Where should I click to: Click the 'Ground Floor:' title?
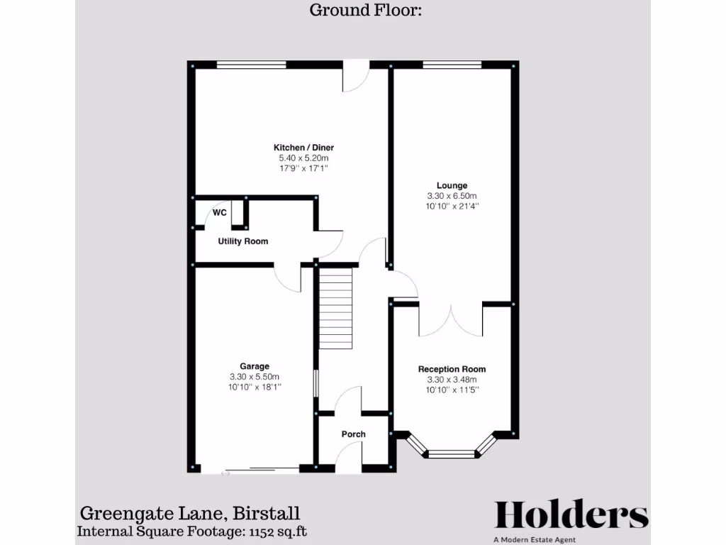[x=366, y=10]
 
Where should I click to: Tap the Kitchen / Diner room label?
[x=303, y=148]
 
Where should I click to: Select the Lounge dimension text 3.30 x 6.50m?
[x=452, y=197]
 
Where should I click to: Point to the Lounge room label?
[x=452, y=186]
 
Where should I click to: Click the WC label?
[x=220, y=212]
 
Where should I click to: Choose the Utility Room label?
[x=243, y=241]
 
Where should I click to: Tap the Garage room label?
[x=254, y=367]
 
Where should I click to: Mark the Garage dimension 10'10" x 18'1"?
[x=254, y=387]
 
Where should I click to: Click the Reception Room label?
[x=452, y=369]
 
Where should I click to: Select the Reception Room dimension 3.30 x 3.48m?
[x=452, y=380]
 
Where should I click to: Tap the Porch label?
[x=353, y=434]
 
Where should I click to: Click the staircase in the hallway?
[x=335, y=307]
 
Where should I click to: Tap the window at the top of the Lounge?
[x=451, y=65]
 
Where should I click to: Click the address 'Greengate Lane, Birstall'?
[x=189, y=513]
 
